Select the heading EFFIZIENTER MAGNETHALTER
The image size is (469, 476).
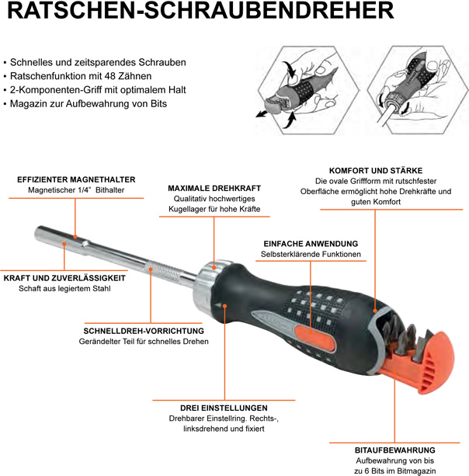[x=76, y=179]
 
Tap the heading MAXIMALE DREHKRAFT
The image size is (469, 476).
[x=214, y=189]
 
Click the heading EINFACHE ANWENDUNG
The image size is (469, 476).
[x=310, y=243]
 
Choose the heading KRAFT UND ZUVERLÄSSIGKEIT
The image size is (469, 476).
[x=65, y=277]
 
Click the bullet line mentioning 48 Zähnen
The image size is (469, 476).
[x=80, y=76]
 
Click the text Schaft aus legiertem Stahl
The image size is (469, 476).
[x=65, y=289]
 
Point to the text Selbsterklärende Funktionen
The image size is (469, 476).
[x=310, y=255]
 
